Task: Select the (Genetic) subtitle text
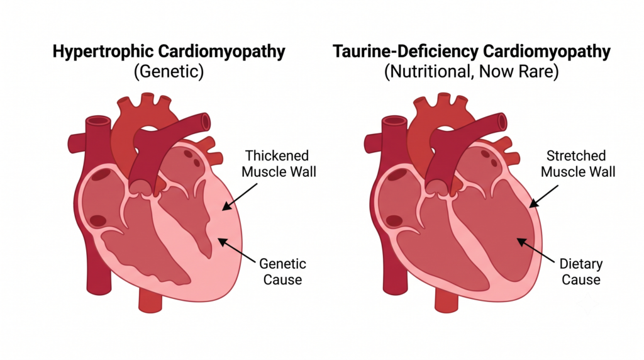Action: [169, 72]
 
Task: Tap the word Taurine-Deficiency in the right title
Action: [405, 52]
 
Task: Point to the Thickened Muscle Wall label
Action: [279, 164]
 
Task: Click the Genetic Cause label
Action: [282, 271]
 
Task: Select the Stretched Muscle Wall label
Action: [578, 164]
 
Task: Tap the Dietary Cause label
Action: [580, 271]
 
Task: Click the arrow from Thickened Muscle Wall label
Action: [240, 197]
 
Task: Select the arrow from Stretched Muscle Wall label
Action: [543, 196]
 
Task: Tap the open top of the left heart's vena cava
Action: [98, 121]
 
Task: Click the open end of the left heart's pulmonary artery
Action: [206, 122]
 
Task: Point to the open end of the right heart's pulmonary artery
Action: [502, 122]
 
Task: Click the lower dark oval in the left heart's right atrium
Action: [99, 221]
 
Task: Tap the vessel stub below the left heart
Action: [150, 300]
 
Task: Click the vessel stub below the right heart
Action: [447, 300]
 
